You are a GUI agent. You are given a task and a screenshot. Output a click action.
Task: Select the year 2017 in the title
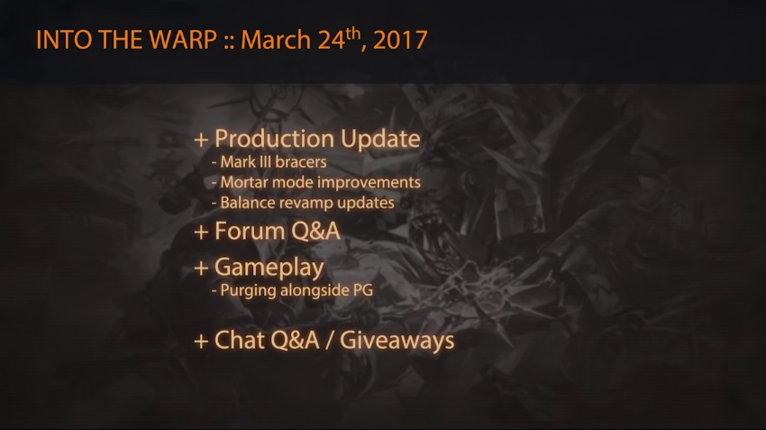point(400,40)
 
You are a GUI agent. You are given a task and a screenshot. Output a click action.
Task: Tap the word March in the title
point(276,40)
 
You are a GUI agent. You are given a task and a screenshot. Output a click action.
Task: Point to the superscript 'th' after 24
point(353,33)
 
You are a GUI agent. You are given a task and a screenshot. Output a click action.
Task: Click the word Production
point(275,139)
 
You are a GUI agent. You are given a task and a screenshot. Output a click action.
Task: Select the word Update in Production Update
point(380,139)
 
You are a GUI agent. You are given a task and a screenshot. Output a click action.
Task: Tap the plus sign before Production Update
point(201,141)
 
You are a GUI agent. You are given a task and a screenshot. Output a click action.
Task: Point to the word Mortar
point(244,182)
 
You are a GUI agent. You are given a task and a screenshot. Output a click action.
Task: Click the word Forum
point(250,231)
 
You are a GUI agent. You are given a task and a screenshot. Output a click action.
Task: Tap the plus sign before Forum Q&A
point(201,232)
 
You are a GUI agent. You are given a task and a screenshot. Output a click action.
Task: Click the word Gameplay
point(269,269)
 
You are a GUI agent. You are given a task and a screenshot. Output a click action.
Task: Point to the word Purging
point(242,290)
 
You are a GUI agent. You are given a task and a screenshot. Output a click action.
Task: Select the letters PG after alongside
point(363,290)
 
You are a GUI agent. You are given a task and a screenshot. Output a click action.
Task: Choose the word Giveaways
point(397,341)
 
